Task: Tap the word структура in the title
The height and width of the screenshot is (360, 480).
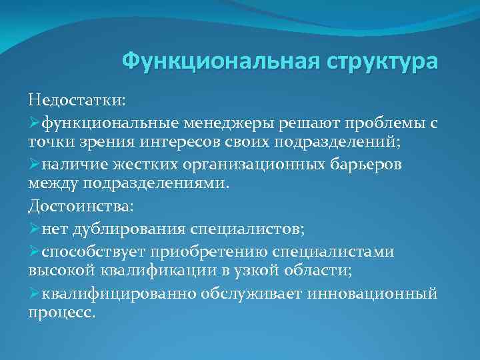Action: point(383,62)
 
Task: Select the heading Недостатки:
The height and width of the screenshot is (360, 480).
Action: point(77,100)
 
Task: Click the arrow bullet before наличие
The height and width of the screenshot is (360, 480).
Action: point(34,164)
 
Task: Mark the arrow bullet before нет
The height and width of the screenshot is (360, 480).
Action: point(34,229)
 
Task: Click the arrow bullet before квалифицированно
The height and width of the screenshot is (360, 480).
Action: point(34,293)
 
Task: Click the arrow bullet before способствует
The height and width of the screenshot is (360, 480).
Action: point(34,251)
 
